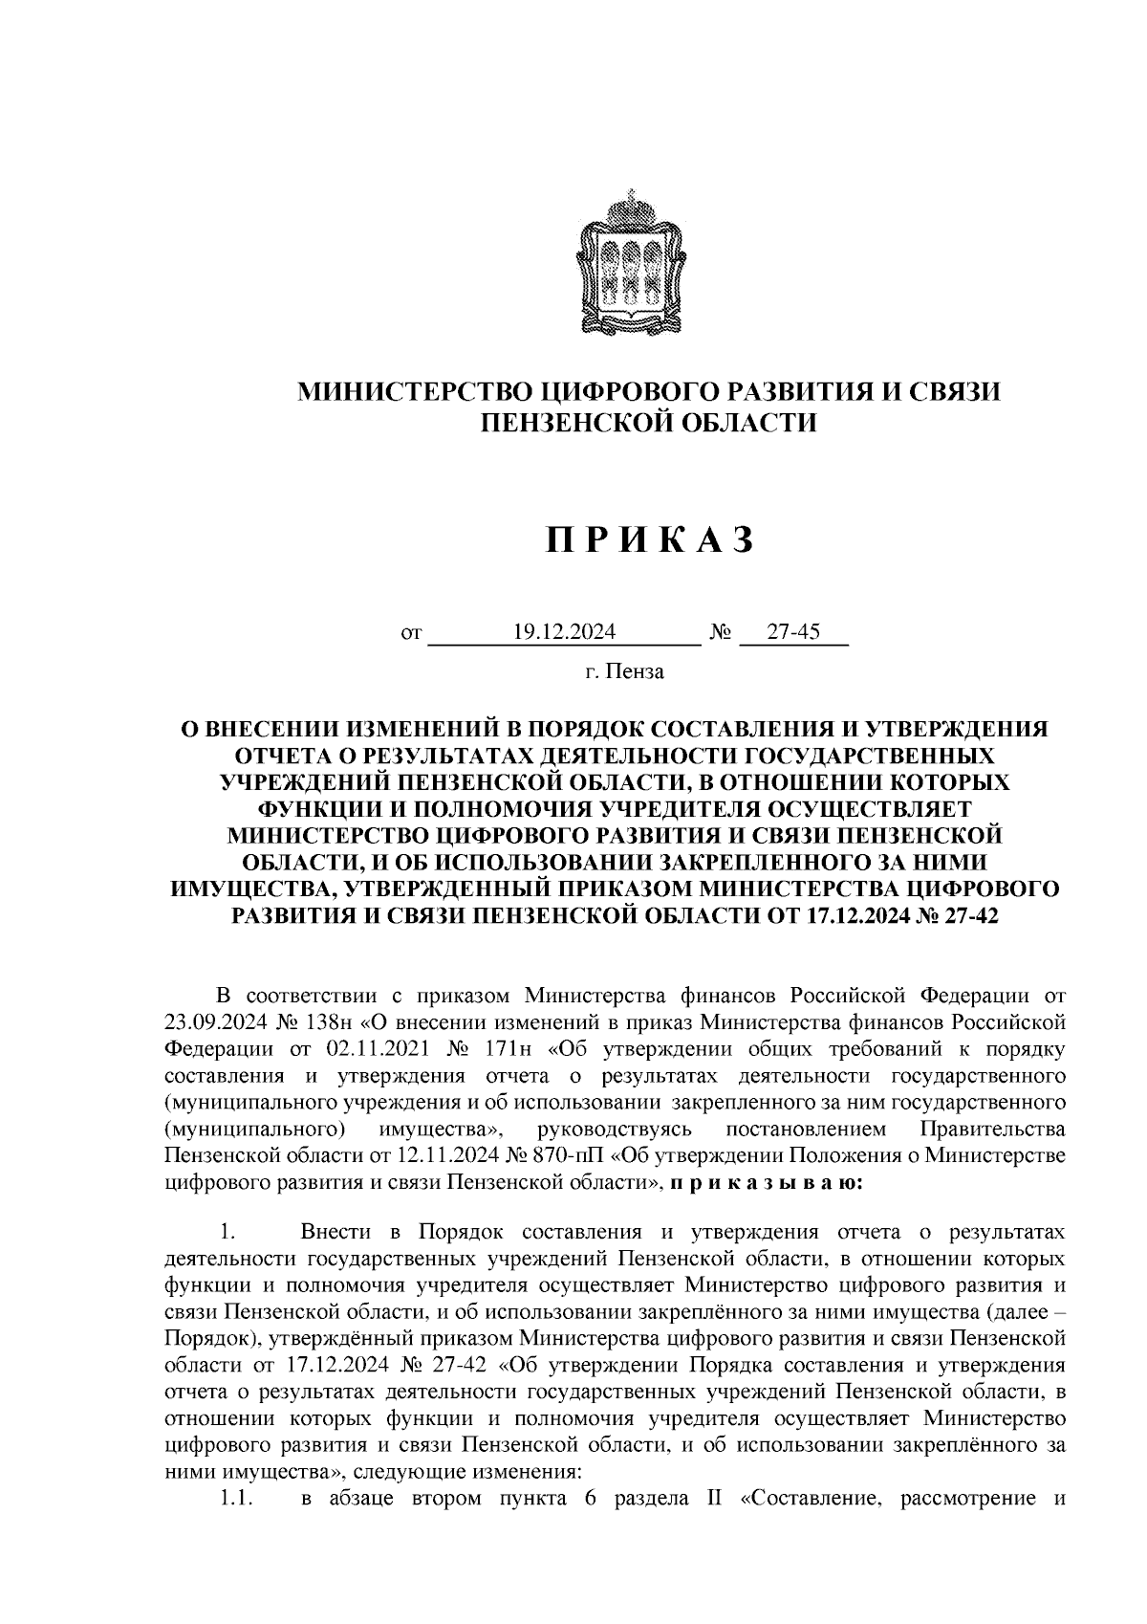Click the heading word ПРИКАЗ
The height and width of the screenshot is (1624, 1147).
point(651,540)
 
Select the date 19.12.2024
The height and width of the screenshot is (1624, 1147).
point(564,632)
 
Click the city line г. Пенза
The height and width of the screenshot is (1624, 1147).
point(625,671)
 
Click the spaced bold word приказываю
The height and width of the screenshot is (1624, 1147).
point(766,1183)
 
